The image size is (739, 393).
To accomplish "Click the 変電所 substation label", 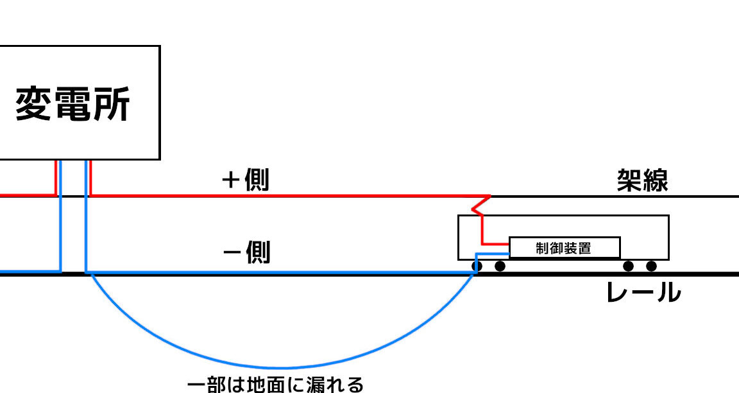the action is (x=72, y=104).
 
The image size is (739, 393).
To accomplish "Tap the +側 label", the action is (x=246, y=180).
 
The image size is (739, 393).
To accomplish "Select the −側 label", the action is (x=246, y=252).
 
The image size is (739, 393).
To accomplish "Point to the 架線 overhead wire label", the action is (x=642, y=180).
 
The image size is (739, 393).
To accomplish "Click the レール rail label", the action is (x=643, y=292).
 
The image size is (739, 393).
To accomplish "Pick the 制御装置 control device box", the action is (x=565, y=248).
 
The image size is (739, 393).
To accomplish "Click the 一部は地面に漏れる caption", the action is (x=275, y=385).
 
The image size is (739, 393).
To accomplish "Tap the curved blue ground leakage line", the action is (x=282, y=367).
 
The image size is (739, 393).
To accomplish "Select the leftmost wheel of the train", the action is (x=477, y=266).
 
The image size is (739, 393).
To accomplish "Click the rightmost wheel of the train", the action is (x=651, y=266).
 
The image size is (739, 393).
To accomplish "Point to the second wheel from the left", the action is (x=500, y=266).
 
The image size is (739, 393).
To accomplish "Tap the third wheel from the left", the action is (x=628, y=266).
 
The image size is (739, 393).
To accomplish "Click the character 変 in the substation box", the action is (x=33, y=104).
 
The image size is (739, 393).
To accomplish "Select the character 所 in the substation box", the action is (x=111, y=104).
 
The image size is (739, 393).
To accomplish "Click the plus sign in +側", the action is (x=230, y=180).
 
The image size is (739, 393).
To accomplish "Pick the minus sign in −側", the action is (x=232, y=252).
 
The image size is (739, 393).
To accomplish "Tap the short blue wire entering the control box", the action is (x=493, y=254).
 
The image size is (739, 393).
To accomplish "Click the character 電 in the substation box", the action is (x=72, y=104).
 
